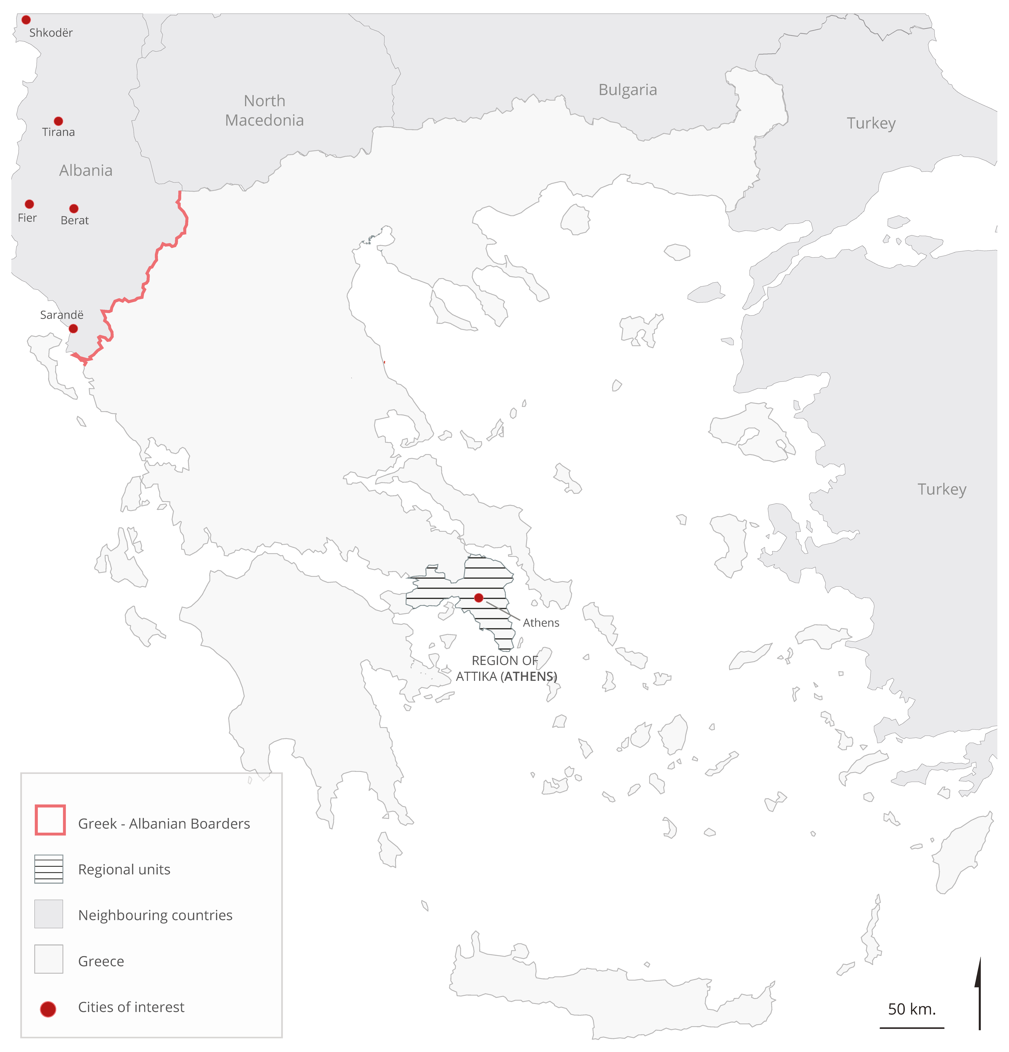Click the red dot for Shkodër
26,20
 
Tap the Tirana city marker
58,121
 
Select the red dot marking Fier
30,204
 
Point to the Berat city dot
74,208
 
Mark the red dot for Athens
479,597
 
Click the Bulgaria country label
627,90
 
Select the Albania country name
86,171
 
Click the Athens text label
541,623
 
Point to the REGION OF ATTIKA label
506,668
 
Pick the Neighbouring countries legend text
155,915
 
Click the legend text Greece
101,961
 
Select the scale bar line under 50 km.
911,1028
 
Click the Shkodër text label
51,33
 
